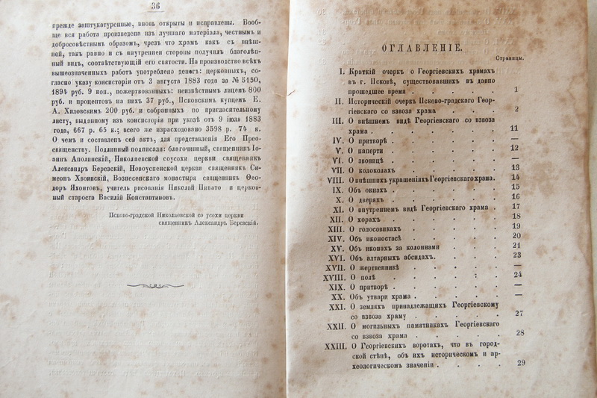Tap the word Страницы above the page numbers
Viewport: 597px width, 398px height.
click(509, 57)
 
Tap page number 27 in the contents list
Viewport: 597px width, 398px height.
click(519, 314)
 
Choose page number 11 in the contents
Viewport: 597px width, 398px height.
click(514, 128)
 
